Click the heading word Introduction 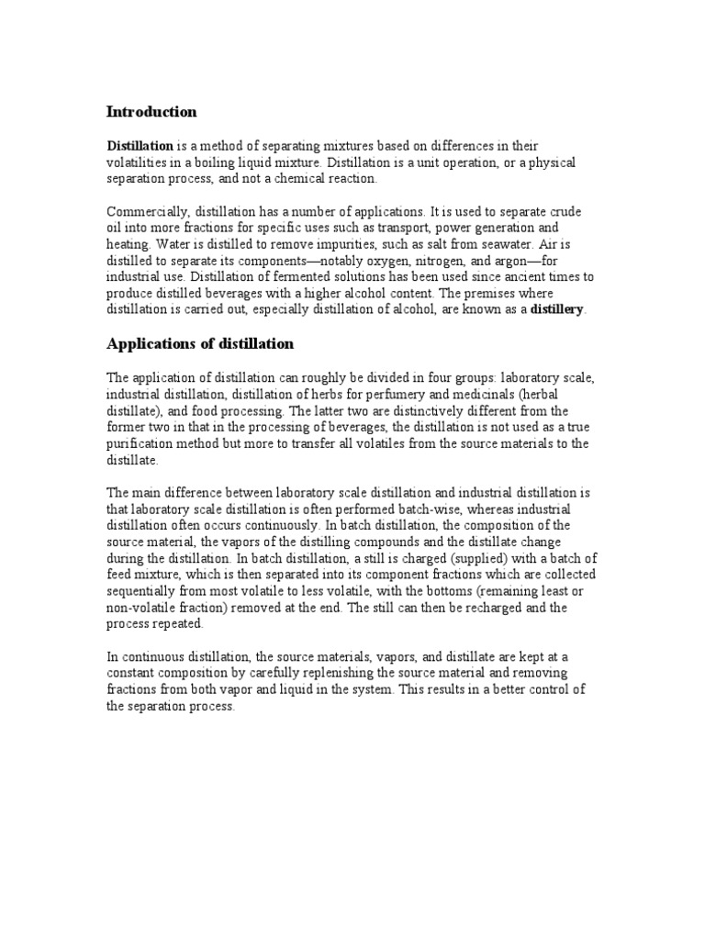coord(151,112)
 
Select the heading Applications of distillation coord(200,343)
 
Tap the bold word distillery coord(557,309)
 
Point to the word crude coord(561,211)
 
